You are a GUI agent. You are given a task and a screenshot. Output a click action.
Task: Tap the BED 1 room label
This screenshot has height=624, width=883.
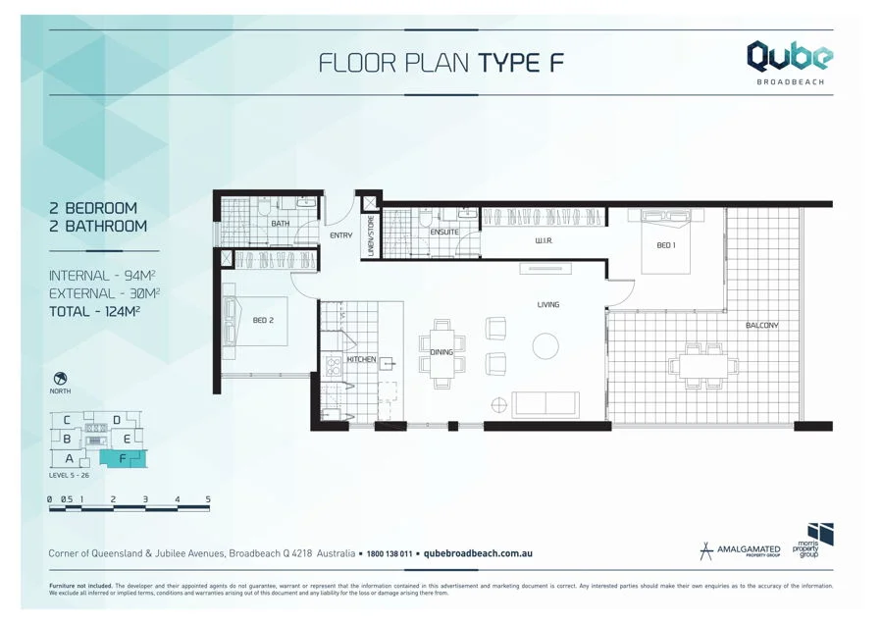pos(665,245)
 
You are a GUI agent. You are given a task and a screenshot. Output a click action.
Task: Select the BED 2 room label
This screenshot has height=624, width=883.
pos(263,320)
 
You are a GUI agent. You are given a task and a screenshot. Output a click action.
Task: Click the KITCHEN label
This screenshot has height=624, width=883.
pos(361,359)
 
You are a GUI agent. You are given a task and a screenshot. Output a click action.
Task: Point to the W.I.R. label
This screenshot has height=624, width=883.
pos(546,240)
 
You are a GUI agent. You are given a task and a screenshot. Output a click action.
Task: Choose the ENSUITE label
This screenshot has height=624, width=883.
pos(444,233)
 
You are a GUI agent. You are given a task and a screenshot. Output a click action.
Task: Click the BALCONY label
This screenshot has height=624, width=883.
pos(761,325)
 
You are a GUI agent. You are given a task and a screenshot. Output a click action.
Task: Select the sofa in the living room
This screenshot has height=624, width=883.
pos(545,403)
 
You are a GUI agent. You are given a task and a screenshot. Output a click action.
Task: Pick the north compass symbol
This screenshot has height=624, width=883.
pos(60,378)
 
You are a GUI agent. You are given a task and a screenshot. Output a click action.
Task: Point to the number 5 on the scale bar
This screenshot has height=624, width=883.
pos(208,499)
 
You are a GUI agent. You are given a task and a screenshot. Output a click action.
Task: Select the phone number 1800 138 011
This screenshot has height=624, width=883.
pos(390,554)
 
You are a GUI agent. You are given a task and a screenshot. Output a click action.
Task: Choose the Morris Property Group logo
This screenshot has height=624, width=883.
pos(814,542)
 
